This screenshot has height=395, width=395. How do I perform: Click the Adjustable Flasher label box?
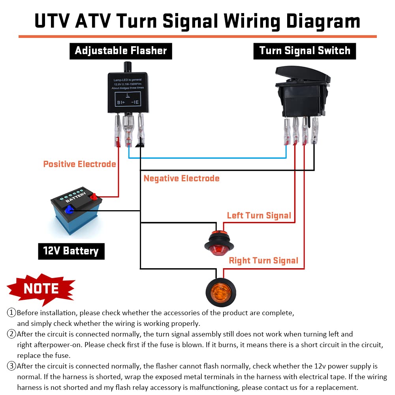[120, 51]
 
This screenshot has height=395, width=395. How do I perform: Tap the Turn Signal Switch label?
[305, 51]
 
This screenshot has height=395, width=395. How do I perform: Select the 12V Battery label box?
[71, 251]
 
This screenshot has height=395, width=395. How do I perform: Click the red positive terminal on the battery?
[93, 196]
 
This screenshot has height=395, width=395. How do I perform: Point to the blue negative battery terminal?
[70, 211]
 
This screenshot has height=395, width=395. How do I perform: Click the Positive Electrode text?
[79, 164]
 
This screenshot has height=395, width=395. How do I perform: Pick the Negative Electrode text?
[181, 179]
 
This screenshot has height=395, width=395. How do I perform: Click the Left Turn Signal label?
[259, 216]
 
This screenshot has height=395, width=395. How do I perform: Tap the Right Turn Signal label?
[263, 261]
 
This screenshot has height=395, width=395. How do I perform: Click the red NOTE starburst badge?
[41, 289]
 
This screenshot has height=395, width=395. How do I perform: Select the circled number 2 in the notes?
[11, 334]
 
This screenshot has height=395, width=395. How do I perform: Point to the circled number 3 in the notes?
[11, 366]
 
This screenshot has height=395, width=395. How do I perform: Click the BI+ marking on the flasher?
[121, 102]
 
